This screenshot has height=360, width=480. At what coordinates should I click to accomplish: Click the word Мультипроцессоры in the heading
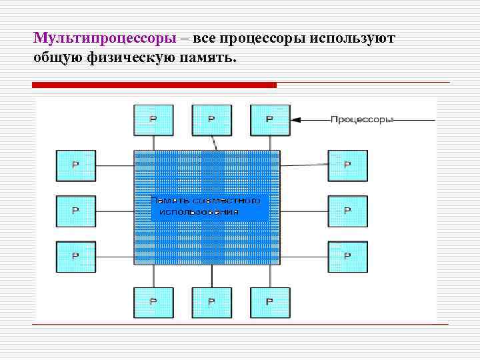(x=105, y=38)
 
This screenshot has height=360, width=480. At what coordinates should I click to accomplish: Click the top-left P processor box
(x=153, y=120)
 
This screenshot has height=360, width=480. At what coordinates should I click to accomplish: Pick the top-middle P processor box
(x=212, y=120)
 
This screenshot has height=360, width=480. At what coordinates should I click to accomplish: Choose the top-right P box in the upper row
(x=270, y=120)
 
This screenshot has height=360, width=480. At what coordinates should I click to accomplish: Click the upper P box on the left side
(x=75, y=165)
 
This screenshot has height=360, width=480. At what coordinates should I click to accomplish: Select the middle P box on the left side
(x=75, y=211)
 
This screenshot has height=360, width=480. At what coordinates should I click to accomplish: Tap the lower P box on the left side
(x=75, y=256)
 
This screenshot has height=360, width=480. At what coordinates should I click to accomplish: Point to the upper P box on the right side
(x=347, y=165)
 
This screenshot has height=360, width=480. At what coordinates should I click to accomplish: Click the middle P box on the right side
(x=347, y=211)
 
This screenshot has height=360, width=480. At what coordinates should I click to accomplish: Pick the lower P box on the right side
(x=347, y=256)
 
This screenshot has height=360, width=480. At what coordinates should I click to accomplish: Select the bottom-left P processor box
(x=153, y=302)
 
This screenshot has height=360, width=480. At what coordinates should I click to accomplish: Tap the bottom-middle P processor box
(x=212, y=302)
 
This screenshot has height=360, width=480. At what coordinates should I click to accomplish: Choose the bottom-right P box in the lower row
(x=270, y=302)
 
